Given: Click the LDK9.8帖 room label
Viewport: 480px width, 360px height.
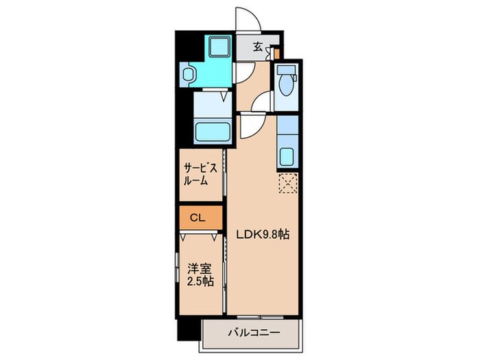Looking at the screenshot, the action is click(x=263, y=235).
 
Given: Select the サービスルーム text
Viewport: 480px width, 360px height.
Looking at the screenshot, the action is click(x=200, y=174).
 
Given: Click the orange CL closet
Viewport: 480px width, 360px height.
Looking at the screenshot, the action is click(x=201, y=217).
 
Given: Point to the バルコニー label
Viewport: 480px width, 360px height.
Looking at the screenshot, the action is click(x=254, y=333).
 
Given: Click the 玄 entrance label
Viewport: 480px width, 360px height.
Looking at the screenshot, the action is click(x=258, y=47).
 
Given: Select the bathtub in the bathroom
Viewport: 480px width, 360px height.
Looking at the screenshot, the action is click(x=212, y=132).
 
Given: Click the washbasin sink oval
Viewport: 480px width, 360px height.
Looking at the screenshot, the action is click(x=188, y=74).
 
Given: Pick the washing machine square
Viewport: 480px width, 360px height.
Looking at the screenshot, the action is click(x=219, y=47).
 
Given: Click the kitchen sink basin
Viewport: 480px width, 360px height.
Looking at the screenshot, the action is click(x=287, y=157).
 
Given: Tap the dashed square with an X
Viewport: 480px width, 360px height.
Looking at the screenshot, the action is click(x=288, y=183).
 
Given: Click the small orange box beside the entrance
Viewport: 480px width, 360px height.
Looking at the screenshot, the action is click(x=277, y=54).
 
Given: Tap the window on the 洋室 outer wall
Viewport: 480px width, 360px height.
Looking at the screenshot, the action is click(x=177, y=267).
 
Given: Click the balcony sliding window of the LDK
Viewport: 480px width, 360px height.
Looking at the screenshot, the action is click(x=260, y=317).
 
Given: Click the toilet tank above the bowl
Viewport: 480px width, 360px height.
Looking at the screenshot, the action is click(x=286, y=70).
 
